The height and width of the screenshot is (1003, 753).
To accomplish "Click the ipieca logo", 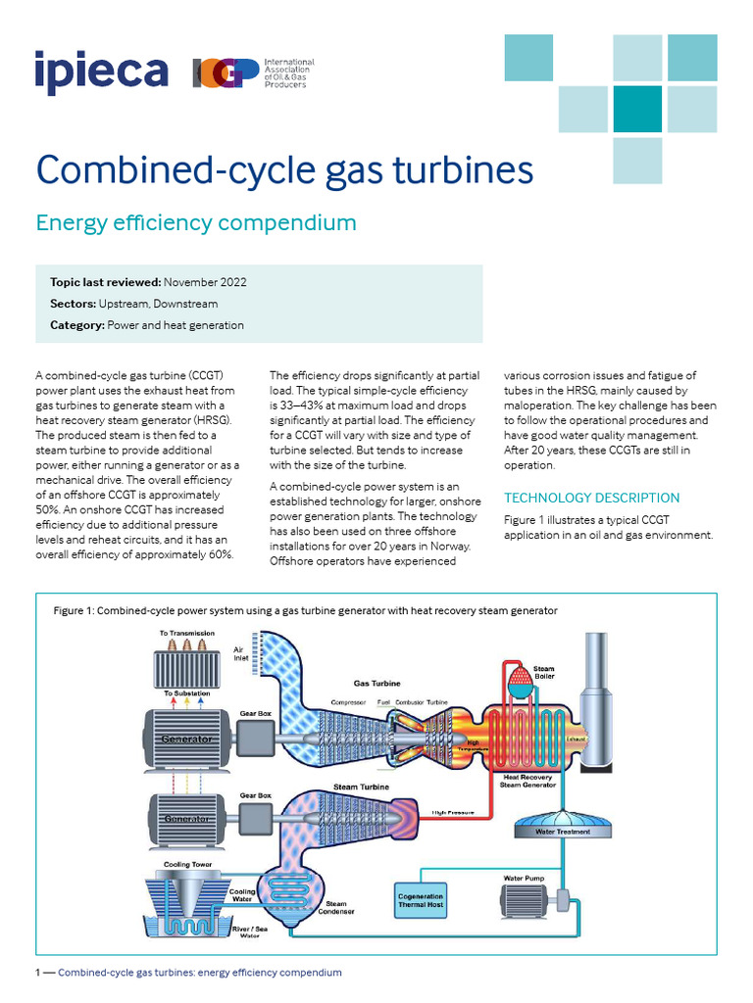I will (101, 71).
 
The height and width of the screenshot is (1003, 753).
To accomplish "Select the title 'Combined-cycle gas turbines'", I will (284, 169).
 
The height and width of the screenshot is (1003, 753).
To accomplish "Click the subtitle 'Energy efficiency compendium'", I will (196, 222).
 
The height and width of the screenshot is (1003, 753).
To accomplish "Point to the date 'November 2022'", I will (205, 282).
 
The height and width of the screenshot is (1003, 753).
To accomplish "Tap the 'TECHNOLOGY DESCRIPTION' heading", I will (591, 498).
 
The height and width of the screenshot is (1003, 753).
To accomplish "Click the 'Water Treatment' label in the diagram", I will (562, 831).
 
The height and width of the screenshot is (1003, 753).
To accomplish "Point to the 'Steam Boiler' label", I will (543, 673).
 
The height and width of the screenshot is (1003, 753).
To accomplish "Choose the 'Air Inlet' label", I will (240, 654).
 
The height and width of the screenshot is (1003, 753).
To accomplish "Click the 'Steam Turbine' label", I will (361, 787).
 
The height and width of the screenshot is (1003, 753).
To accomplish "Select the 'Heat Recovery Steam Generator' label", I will (529, 781).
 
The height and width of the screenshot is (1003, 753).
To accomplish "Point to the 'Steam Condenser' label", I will (335, 909).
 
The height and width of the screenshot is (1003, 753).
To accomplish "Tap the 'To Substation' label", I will (185, 692).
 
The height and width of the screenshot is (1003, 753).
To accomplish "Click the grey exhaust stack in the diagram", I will (595, 705).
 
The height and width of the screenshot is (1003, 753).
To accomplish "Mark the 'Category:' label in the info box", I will (76, 325).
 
